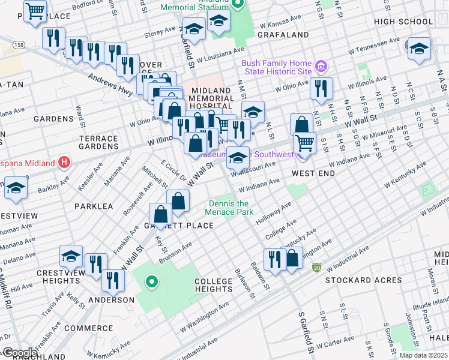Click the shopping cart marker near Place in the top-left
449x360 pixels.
tap(35, 11)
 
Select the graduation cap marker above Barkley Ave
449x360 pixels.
tap(15, 187)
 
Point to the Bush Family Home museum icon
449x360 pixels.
tap(321, 65)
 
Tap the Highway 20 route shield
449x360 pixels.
tap(316, 267)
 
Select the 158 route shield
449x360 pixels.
tap(19, 45)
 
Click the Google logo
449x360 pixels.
tap(19, 352)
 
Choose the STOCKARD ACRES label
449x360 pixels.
tap(364, 280)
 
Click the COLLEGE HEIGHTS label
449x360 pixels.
tap(214, 286)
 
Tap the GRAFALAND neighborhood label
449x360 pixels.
tap(283, 35)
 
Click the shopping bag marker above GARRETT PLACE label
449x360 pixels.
tap(161, 214)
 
